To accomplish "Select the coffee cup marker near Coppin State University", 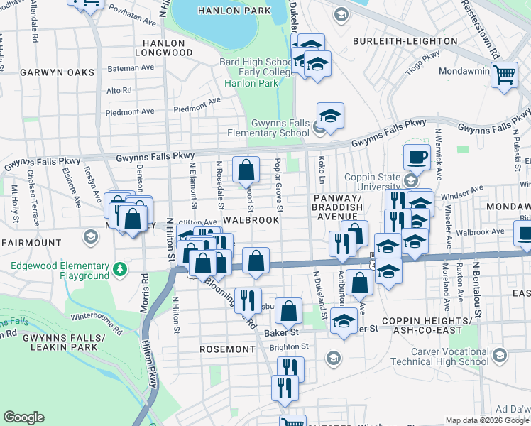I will coord(417,157).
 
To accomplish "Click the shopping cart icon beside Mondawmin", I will coord(504,74).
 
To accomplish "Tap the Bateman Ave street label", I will coord(130,68).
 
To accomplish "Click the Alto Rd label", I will coord(119,90).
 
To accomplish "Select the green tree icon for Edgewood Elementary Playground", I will coord(120,269).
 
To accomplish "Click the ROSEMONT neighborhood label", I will coord(227,349).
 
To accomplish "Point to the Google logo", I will coord(23,417).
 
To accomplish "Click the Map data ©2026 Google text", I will coord(486,420).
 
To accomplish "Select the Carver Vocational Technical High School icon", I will coord(499,355).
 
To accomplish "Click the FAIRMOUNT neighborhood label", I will coord(32,243).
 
